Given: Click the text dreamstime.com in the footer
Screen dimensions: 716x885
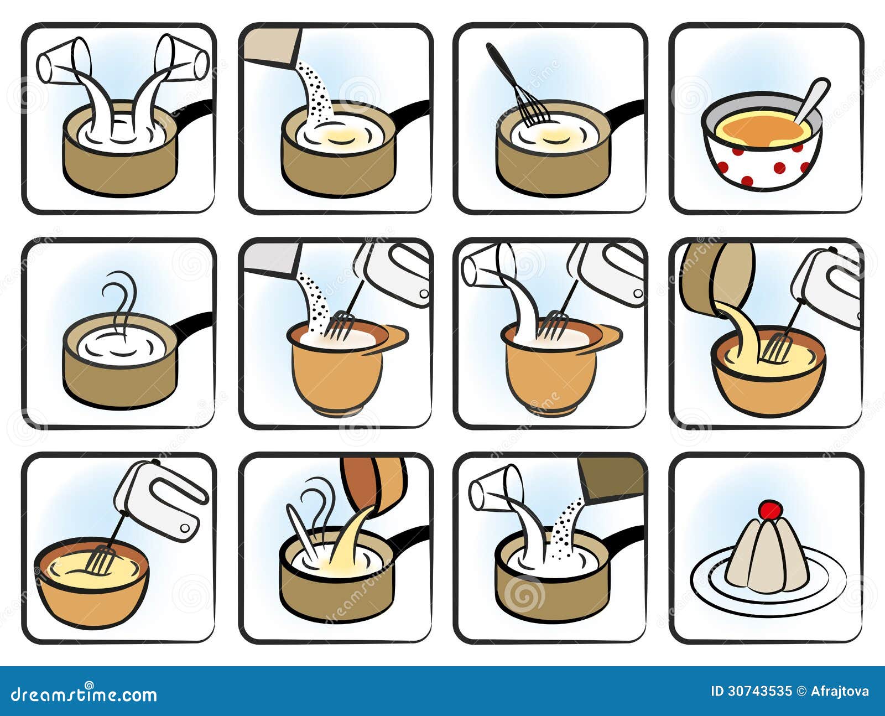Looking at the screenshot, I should pyautogui.click(x=84, y=694).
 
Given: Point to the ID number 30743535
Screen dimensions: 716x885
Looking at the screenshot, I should pyautogui.click(x=761, y=692).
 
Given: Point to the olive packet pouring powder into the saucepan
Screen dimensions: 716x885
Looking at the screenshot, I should pyautogui.click(x=612, y=478).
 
